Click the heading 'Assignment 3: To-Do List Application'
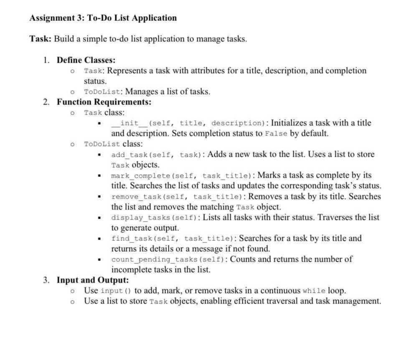(103, 18)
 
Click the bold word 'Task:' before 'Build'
(41, 39)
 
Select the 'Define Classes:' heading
(86, 60)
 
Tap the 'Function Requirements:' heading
(104, 102)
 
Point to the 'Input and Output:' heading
(93, 280)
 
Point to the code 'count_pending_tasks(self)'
(168, 260)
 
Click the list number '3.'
(47, 280)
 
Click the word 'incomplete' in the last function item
(131, 270)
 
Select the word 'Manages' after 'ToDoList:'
(141, 92)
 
